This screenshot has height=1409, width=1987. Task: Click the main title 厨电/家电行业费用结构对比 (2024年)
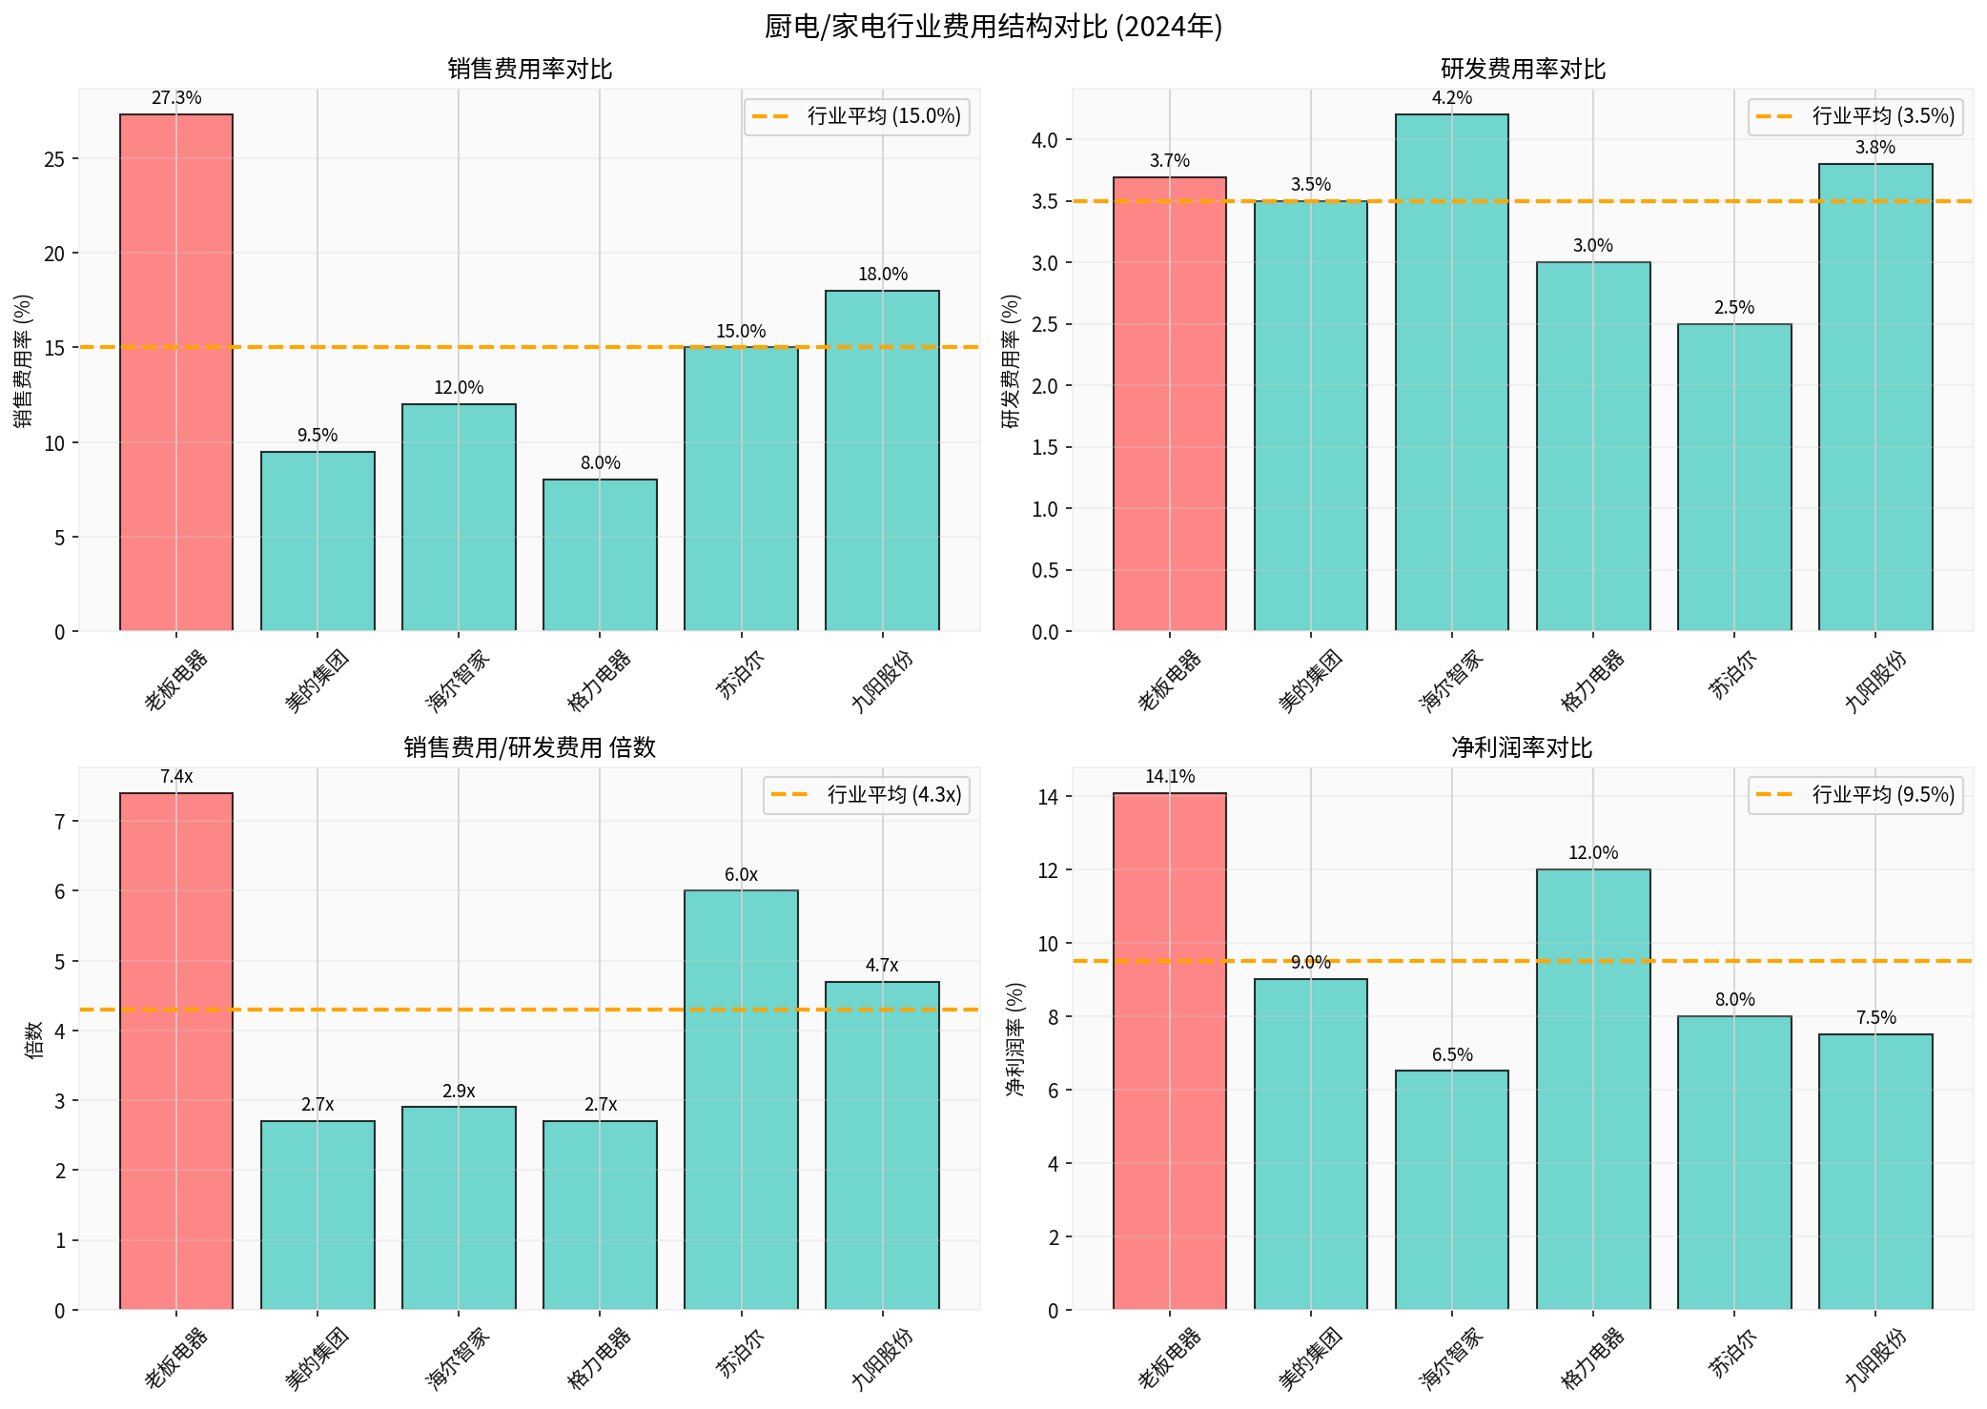(993, 26)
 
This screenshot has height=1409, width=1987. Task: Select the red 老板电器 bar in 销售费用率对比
(176, 373)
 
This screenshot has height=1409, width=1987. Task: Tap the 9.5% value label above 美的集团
(318, 436)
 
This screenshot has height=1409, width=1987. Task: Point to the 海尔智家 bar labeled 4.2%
(1451, 373)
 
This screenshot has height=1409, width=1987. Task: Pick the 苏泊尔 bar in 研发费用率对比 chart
(1733, 478)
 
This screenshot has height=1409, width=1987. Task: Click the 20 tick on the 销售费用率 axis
(54, 254)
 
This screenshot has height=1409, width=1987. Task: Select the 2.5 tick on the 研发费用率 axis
(1044, 325)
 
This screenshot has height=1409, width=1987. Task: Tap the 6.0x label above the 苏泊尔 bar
(741, 875)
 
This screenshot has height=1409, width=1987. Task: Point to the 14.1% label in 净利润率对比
(1169, 777)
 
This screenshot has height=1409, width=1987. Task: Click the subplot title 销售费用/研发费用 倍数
(529, 747)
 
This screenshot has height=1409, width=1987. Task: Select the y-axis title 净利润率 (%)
(1015, 1039)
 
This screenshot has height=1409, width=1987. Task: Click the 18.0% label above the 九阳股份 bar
(882, 275)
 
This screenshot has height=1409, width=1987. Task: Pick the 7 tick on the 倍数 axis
(59, 822)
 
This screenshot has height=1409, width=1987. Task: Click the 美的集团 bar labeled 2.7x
(318, 1215)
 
